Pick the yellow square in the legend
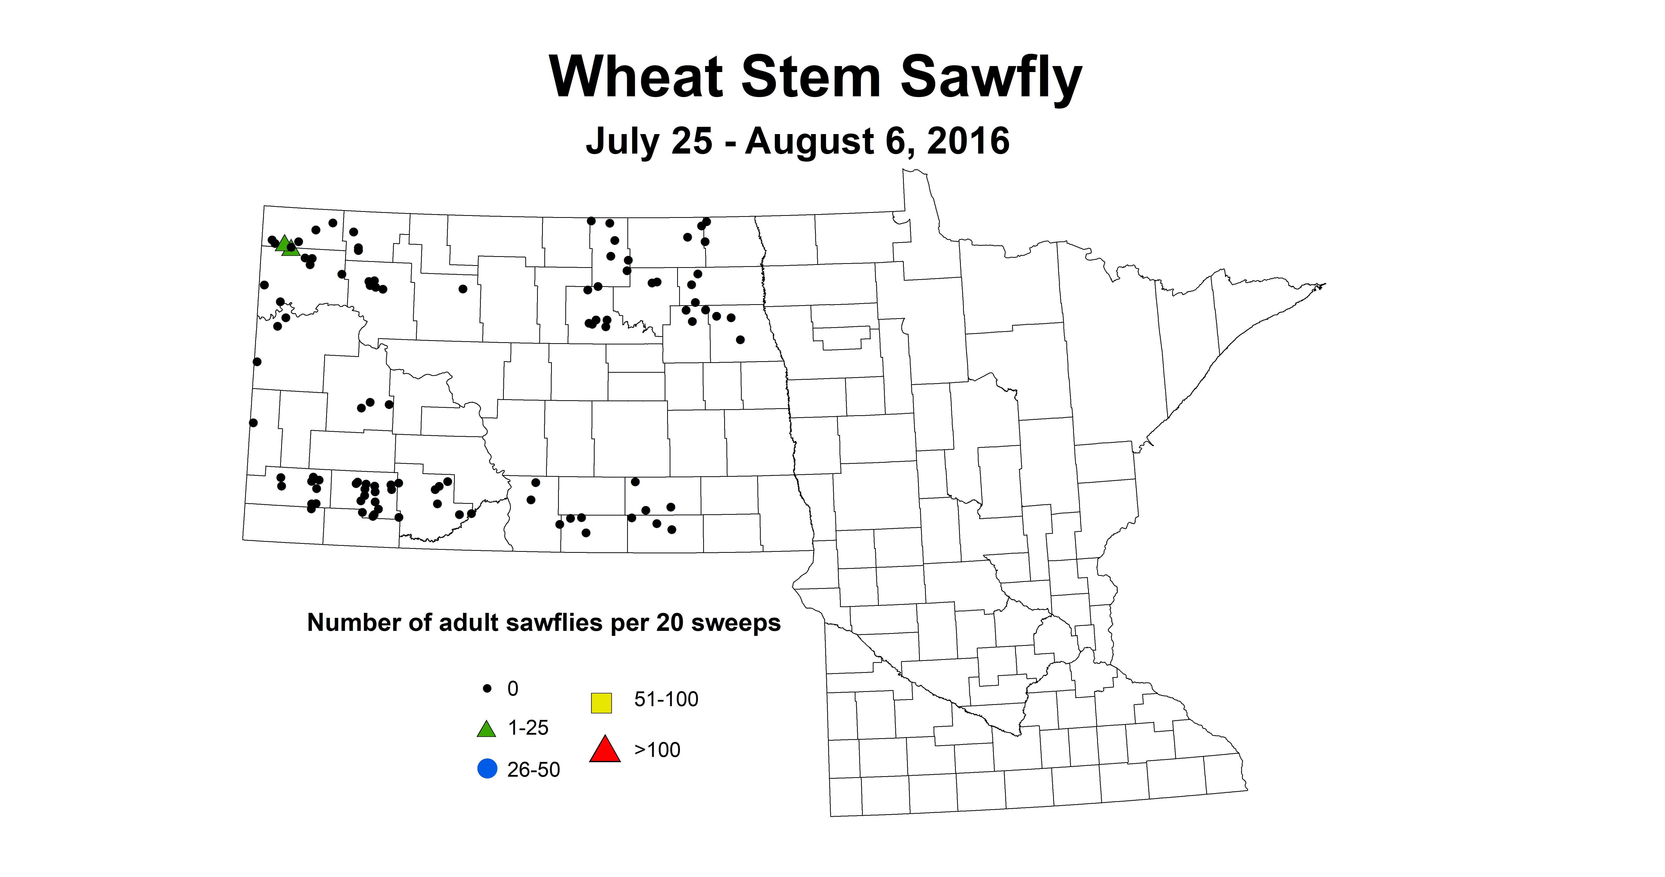tap(601, 702)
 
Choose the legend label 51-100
tap(666, 699)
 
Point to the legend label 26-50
tap(533, 770)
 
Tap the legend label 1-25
tap(528, 728)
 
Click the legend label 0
tap(513, 689)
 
